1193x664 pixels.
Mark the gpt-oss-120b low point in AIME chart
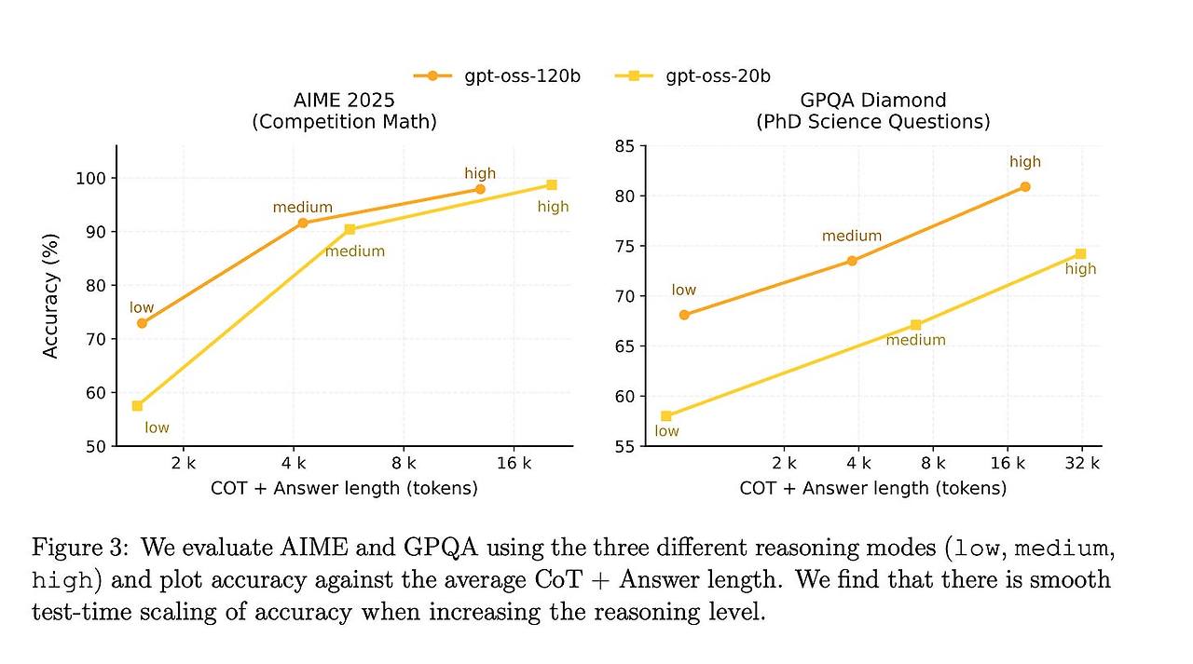pyautogui.click(x=142, y=323)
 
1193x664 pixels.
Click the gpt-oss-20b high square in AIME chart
pyautogui.click(x=552, y=185)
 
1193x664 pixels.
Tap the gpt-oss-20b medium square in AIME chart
pyautogui.click(x=350, y=229)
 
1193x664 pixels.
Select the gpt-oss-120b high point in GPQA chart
pyautogui.click(x=1025, y=186)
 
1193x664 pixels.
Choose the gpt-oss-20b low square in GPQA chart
pyautogui.click(x=665, y=416)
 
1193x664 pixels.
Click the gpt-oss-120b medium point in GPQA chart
pyautogui.click(x=852, y=261)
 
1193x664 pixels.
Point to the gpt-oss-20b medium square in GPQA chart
pyautogui.click(x=915, y=325)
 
